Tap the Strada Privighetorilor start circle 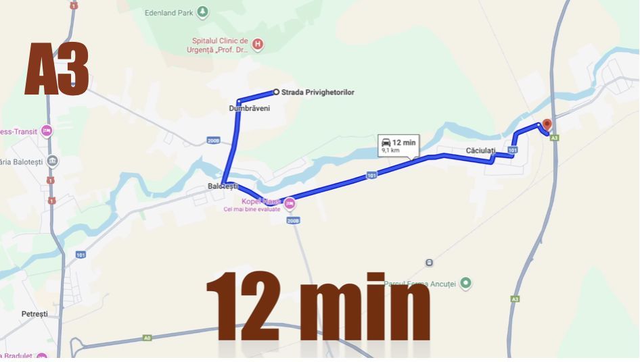click(x=276, y=92)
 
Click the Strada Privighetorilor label click(x=317, y=93)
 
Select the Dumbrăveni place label click(x=250, y=108)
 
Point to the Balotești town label click(x=223, y=186)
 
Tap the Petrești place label click(x=35, y=314)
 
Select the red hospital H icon click(x=257, y=45)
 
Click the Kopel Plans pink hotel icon click(x=290, y=203)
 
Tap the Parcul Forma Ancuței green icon click(x=465, y=283)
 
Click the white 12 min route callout click(x=398, y=145)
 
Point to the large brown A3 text click(x=58, y=70)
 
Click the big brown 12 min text click(x=318, y=307)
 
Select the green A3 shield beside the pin click(x=555, y=138)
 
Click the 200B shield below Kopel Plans click(x=293, y=220)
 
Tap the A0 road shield click(x=147, y=338)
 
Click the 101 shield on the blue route click(x=371, y=176)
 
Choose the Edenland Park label click(x=170, y=12)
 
